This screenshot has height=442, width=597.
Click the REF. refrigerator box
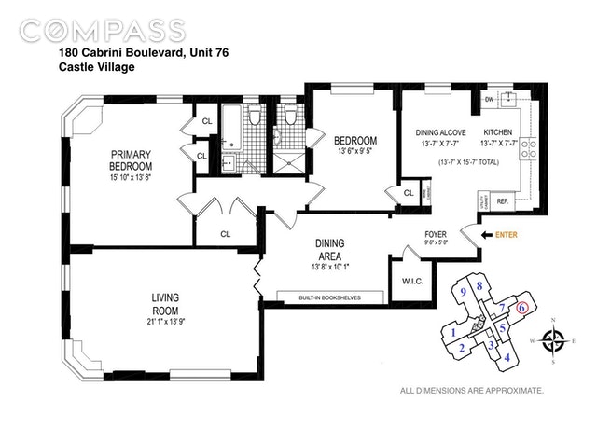(x=501, y=200)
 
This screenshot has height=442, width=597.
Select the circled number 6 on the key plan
(x=521, y=307)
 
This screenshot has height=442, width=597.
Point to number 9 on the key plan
(x=463, y=292)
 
